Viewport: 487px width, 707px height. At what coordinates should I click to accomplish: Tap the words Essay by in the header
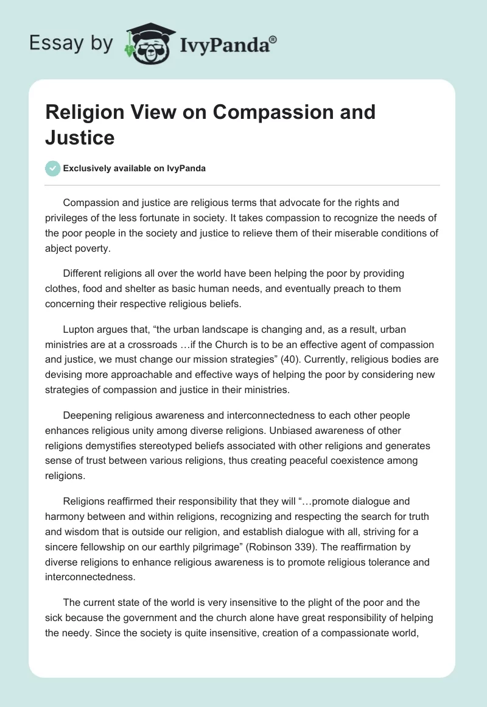[x=71, y=43]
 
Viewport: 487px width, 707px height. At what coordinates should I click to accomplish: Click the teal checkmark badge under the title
[x=53, y=168]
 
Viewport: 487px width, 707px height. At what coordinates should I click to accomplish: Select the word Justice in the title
[x=80, y=137]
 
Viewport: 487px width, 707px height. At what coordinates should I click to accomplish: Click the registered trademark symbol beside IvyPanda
[x=273, y=39]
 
